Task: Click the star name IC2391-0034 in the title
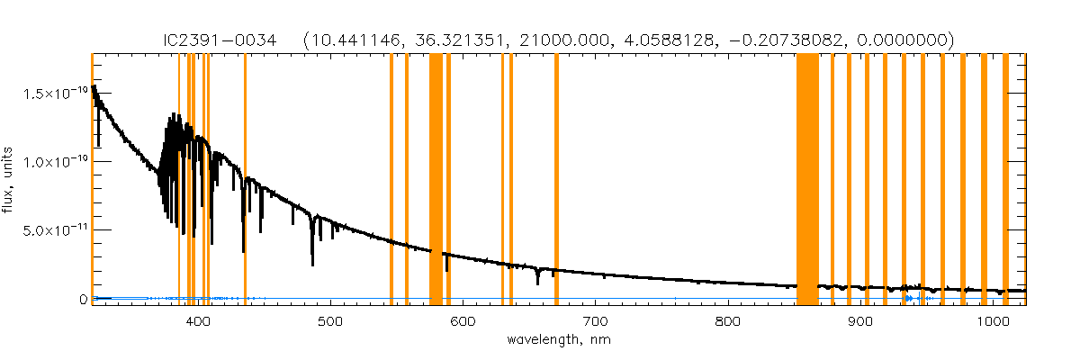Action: click(241, 40)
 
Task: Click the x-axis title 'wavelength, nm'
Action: click(558, 341)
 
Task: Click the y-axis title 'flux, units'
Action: click(11, 180)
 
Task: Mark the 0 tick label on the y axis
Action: click(82, 299)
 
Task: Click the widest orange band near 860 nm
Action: click(807, 180)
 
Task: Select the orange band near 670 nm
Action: click(556, 180)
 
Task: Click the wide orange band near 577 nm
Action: click(436, 180)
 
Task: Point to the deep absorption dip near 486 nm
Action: click(312, 261)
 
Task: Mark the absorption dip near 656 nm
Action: click(537, 281)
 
